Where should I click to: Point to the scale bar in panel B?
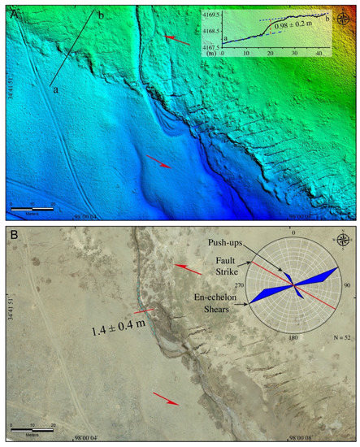(x=32, y=427)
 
